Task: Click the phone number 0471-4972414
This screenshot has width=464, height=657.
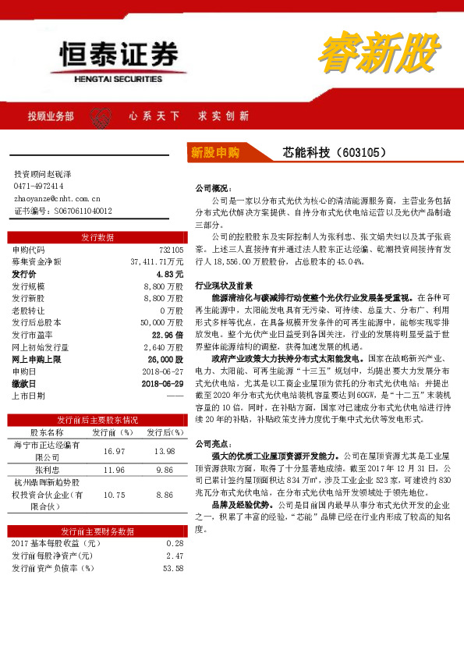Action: click(39, 186)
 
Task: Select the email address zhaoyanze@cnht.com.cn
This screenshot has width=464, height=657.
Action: click(57, 198)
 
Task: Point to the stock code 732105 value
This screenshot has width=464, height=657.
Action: click(170, 250)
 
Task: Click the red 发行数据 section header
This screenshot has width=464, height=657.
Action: click(97, 237)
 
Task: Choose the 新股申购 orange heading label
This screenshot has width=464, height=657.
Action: click(214, 152)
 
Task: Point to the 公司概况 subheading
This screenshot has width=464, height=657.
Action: click(211, 188)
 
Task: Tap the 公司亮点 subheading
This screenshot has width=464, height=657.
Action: click(211, 443)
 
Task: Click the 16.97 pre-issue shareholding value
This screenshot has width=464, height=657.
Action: click(114, 451)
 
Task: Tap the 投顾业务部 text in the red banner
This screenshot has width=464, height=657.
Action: click(51, 115)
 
